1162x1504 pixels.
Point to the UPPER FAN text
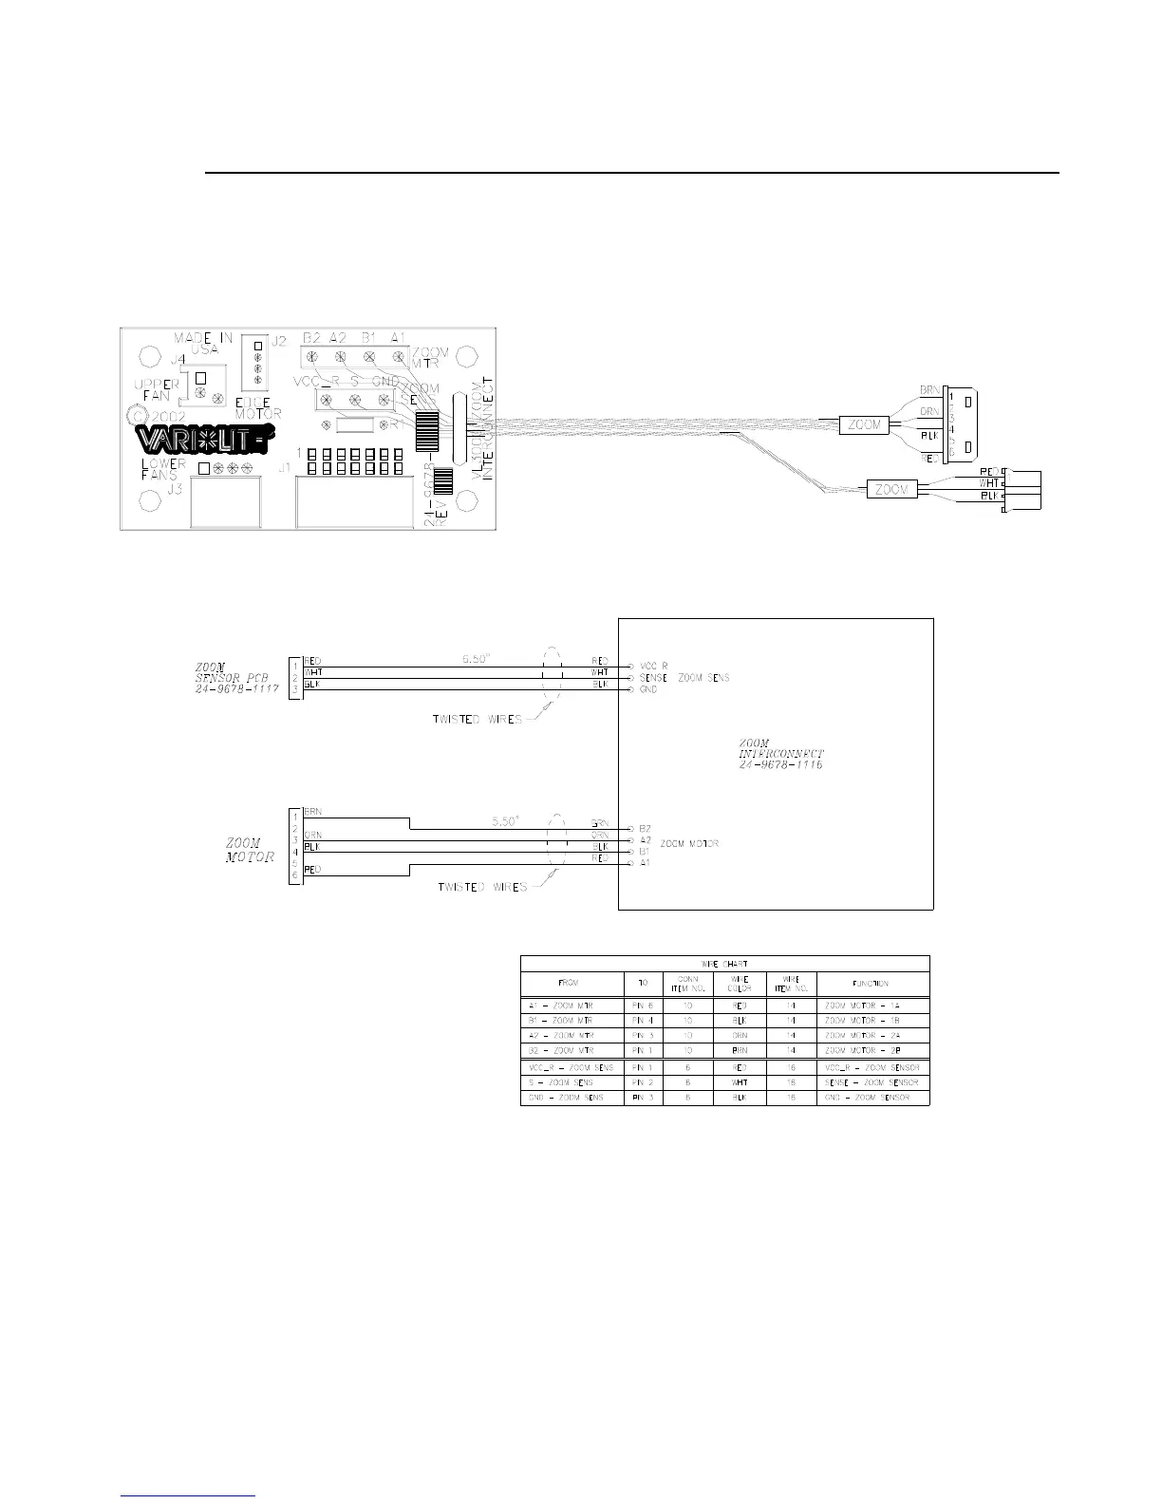point(157,390)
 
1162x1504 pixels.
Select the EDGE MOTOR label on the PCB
point(258,408)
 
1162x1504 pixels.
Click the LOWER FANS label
point(163,469)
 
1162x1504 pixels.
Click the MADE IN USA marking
point(202,344)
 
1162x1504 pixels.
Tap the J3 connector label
point(174,490)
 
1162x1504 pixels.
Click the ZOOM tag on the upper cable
point(863,425)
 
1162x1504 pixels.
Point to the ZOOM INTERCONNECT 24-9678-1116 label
point(780,754)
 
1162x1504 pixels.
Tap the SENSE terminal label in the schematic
point(655,678)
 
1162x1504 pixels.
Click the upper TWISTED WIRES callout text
point(477,719)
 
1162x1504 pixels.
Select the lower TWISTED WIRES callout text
point(481,887)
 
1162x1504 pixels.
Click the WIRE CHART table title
point(724,964)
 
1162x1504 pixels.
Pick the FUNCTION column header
point(871,984)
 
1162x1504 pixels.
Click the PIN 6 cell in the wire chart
point(642,1005)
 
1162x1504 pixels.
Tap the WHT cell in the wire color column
point(739,1082)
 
